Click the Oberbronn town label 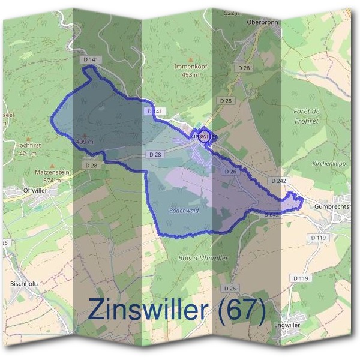click(x=260, y=22)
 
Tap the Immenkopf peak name click(x=190, y=67)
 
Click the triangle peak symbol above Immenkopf click(x=191, y=59)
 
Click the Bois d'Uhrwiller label click(x=203, y=257)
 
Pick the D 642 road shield click(x=271, y=213)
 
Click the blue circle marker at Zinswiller click(x=204, y=136)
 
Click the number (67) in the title click(x=241, y=309)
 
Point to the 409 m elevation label click(x=85, y=142)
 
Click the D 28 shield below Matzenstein click(x=91, y=165)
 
